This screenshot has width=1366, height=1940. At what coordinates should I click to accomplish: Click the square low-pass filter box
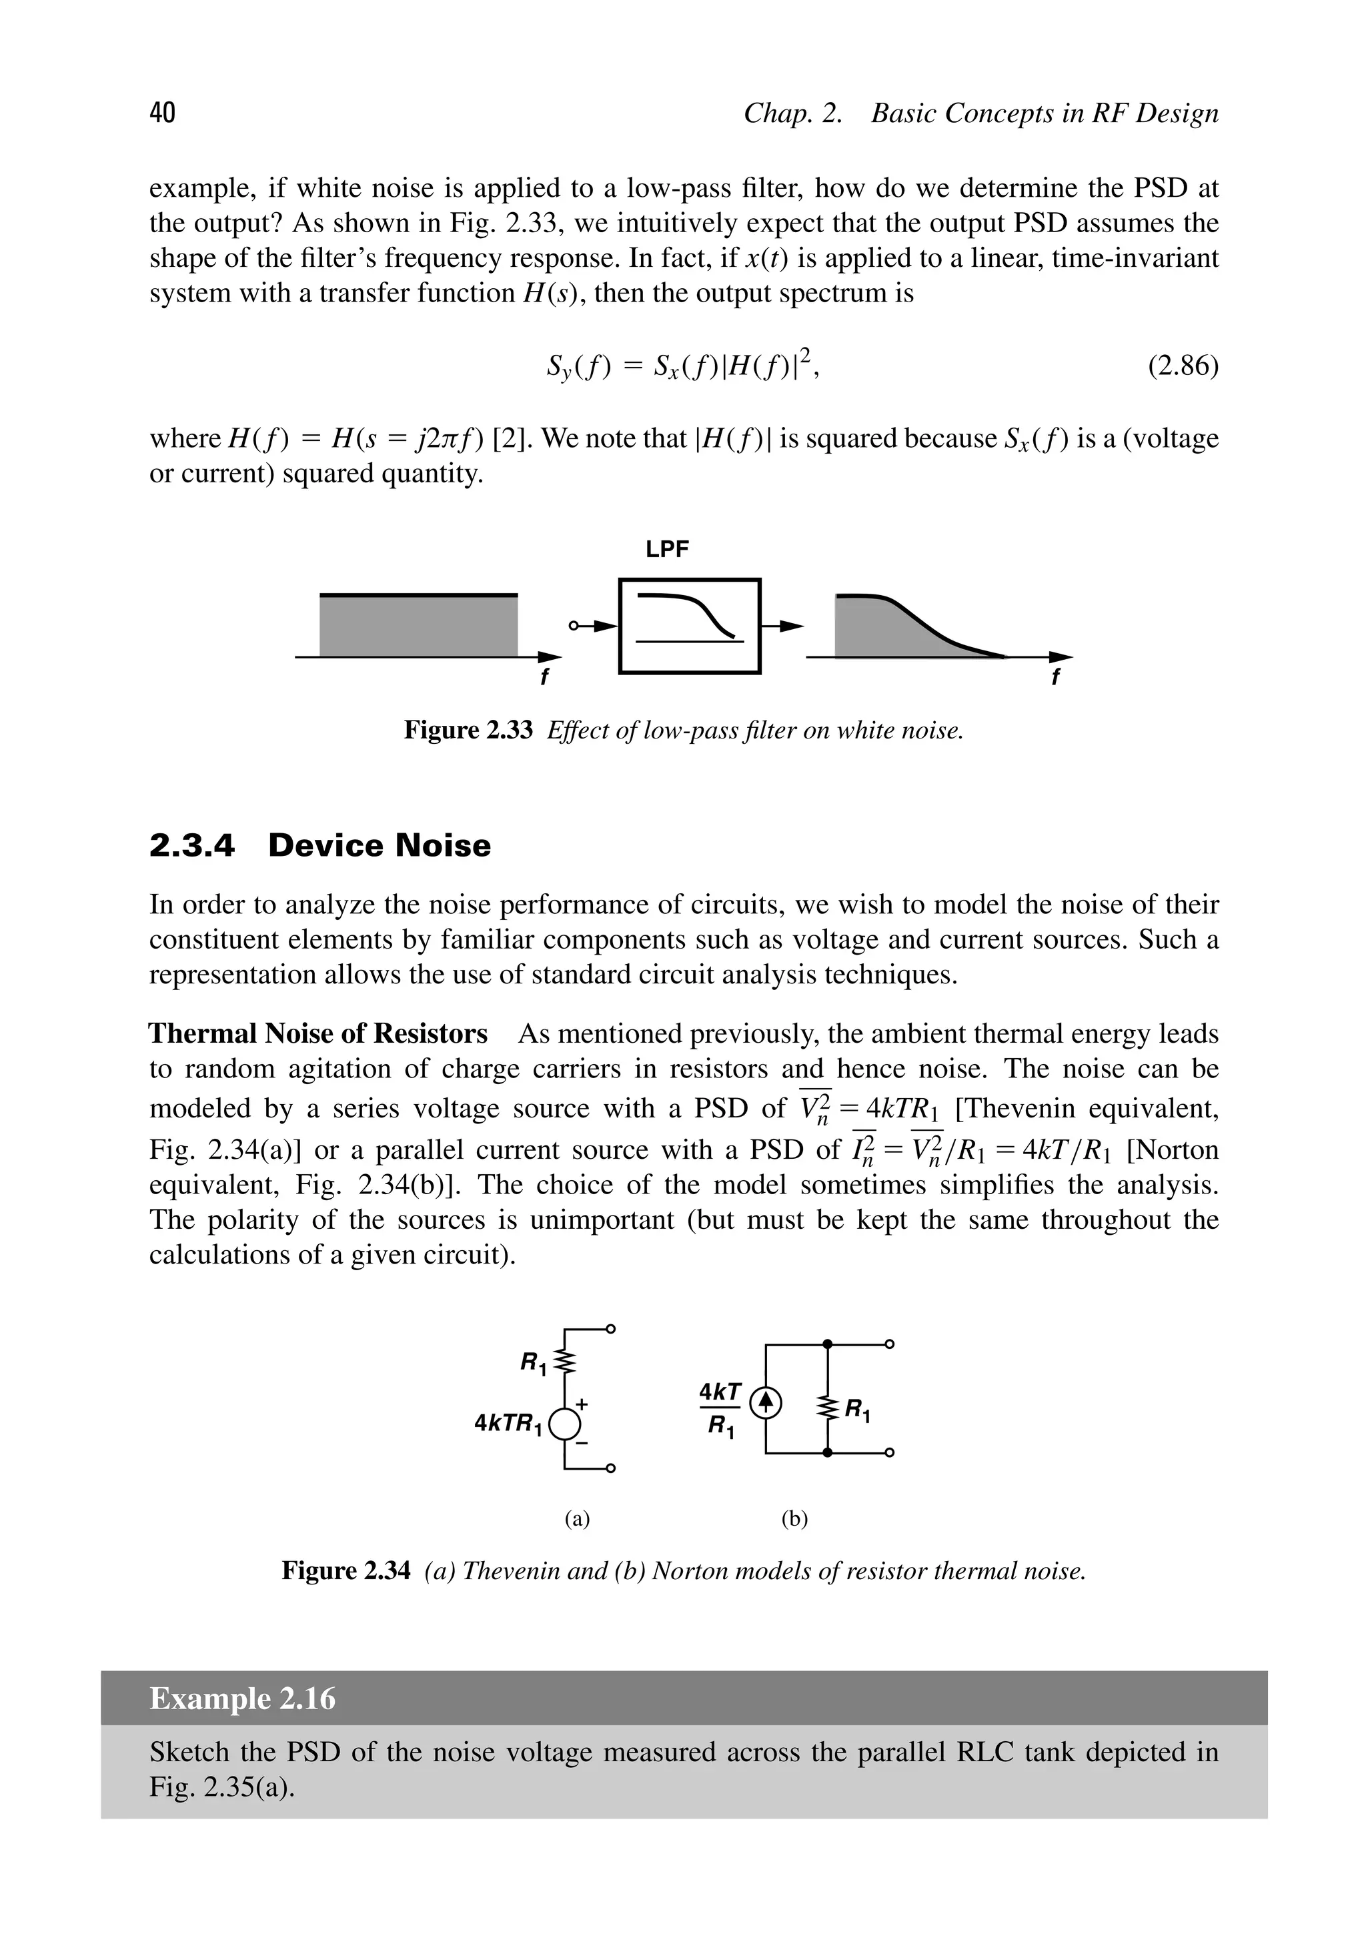(x=689, y=626)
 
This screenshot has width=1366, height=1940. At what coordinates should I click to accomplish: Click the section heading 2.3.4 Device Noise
(x=319, y=846)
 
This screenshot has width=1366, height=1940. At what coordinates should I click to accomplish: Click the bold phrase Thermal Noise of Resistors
(x=318, y=1033)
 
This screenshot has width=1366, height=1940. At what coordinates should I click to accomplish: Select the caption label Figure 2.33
(x=468, y=730)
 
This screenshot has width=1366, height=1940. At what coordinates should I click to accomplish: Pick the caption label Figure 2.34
(x=346, y=1571)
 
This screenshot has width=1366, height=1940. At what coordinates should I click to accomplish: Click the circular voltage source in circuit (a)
(x=564, y=1424)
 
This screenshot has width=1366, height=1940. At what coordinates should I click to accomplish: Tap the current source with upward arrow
(x=765, y=1404)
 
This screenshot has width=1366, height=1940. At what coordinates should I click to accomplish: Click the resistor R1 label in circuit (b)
(x=858, y=1410)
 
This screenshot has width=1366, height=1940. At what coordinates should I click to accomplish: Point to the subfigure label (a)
(x=577, y=1519)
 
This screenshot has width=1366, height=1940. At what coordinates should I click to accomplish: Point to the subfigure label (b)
(x=794, y=1519)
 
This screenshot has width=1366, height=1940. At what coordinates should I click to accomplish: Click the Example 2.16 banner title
(x=242, y=1699)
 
